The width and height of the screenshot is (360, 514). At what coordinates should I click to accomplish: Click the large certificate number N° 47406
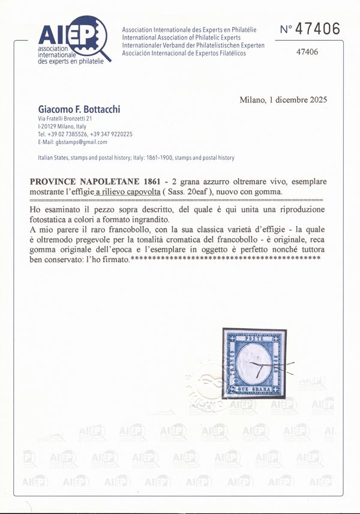(x=310, y=29)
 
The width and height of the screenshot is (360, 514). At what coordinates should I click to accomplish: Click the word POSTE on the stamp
(x=259, y=337)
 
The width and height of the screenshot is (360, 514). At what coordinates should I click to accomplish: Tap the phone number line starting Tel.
(x=85, y=134)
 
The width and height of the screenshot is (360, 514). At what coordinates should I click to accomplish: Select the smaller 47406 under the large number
(x=307, y=52)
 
